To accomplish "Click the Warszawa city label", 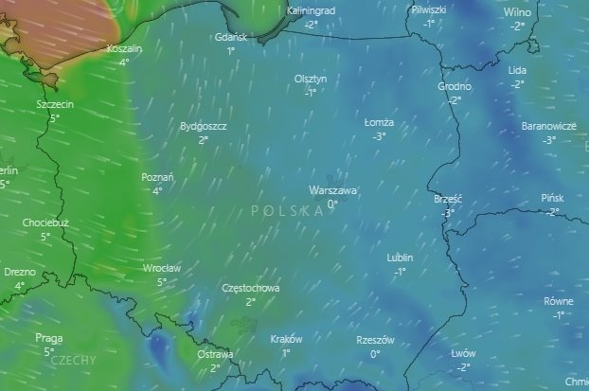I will tap(332, 190).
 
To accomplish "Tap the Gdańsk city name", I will tap(231, 37).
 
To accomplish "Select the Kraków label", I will tap(286, 339).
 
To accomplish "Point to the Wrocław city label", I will tap(161, 268).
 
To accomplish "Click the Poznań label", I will tap(157, 177).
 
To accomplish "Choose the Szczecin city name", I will tap(55, 104).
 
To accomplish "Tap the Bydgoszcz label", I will tap(203, 126).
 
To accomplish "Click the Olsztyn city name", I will tap(311, 80).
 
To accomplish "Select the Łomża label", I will tap(379, 123).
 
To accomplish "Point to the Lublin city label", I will tap(401, 258).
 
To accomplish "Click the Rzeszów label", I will tap(375, 340).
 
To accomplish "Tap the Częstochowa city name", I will tap(250, 288).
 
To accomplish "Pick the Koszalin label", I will tap(124, 48).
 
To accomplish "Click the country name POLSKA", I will tap(288, 210).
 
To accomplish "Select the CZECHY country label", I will tap(72, 360).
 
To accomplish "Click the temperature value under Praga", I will tap(48, 351).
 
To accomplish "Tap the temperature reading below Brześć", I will tap(447, 213).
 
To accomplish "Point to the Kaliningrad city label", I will tap(311, 10).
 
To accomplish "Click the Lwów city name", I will tap(463, 353).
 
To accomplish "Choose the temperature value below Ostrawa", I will tap(215, 367).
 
